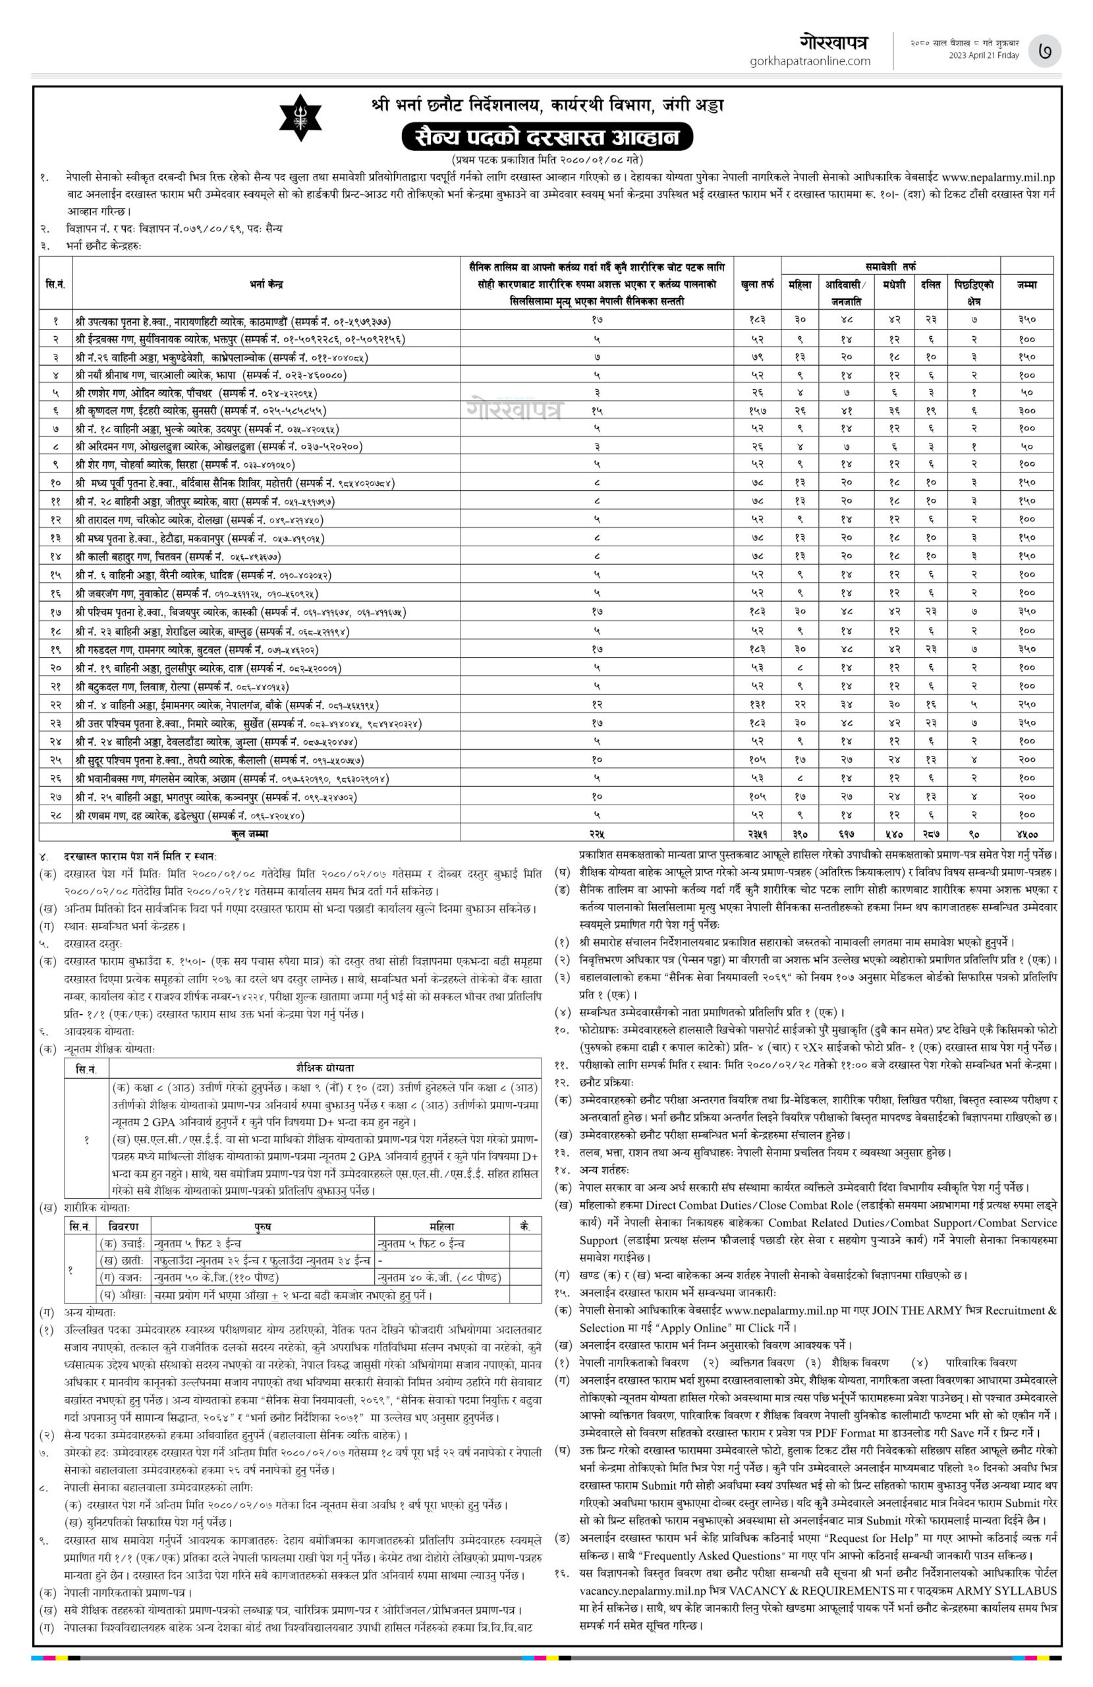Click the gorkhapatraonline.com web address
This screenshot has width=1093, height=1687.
[x=810, y=61]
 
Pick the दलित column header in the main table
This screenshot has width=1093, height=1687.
[x=931, y=284]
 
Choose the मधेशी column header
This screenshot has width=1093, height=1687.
[x=893, y=284]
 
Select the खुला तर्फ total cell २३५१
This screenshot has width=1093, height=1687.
[x=757, y=834]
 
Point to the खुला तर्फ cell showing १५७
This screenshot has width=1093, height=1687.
[x=757, y=411]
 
